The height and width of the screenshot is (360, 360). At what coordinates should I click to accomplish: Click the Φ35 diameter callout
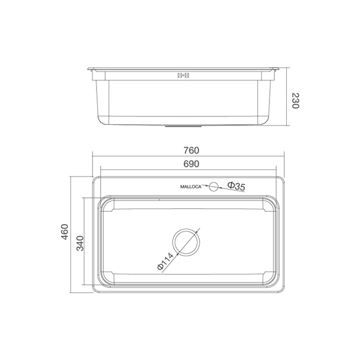236,187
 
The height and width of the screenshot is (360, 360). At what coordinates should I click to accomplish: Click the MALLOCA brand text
192,187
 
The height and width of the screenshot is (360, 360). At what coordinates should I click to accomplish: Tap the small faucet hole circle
214,187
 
